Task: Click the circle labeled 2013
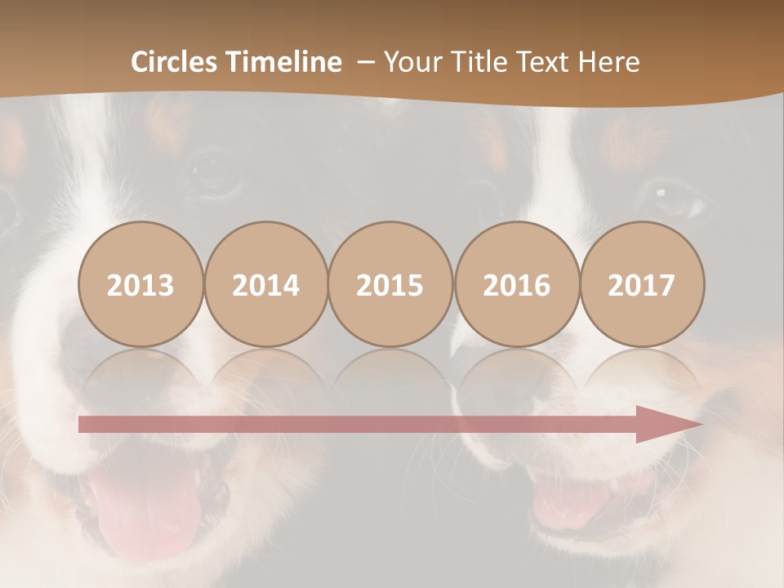tap(140, 284)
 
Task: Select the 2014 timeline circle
tap(265, 284)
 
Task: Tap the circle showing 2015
tap(390, 284)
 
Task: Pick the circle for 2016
tap(516, 284)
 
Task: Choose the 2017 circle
tap(641, 284)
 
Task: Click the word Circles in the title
tap(175, 62)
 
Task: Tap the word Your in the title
tap(410, 62)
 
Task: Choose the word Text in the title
tap(545, 62)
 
